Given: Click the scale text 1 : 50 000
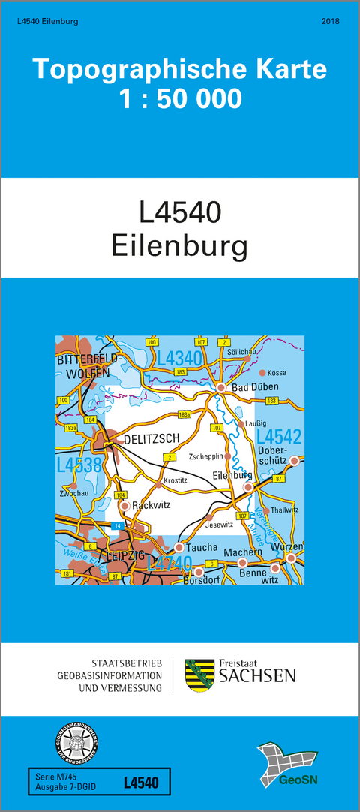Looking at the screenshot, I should tap(180, 98).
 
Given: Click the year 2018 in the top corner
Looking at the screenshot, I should tap(330, 22).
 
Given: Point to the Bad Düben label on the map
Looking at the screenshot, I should tap(255, 387).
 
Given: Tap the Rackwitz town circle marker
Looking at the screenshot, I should tap(124, 506).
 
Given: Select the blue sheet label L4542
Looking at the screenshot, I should tap(278, 437).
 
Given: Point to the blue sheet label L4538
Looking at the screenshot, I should tap(79, 465).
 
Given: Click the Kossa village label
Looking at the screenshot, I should tap(277, 373).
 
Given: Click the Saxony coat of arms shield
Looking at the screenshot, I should tap(198, 675).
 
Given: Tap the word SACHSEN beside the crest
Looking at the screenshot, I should tap(256, 677).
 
